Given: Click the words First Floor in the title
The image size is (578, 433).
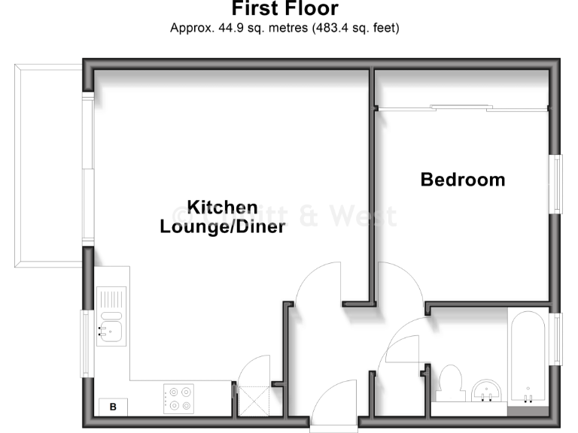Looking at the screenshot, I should click(284, 10).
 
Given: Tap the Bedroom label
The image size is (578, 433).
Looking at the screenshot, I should click(462, 180).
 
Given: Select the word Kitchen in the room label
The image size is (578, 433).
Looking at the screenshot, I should click(222, 207).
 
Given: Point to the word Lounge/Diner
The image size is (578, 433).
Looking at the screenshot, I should click(222, 226).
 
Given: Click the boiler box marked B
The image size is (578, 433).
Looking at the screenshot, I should click(113, 407).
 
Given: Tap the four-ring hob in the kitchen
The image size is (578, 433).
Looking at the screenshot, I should click(179, 398).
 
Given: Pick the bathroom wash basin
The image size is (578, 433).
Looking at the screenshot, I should click(488, 391).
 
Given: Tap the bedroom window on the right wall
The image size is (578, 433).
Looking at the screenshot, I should click(557, 183).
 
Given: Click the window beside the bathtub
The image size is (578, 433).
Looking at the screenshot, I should click(557, 339).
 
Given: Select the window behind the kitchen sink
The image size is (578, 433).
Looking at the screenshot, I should click(87, 344).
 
